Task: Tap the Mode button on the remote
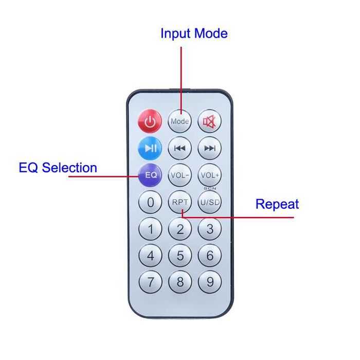180,122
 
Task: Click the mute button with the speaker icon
210,122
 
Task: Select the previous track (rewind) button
180,149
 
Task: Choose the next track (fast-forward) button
210,149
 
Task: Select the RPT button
180,202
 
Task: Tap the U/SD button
210,202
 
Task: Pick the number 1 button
150,229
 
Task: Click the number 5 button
180,256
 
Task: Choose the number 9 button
210,282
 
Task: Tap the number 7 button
150,282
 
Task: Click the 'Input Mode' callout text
194,34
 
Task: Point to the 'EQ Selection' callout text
58,168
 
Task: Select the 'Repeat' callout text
277,204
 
